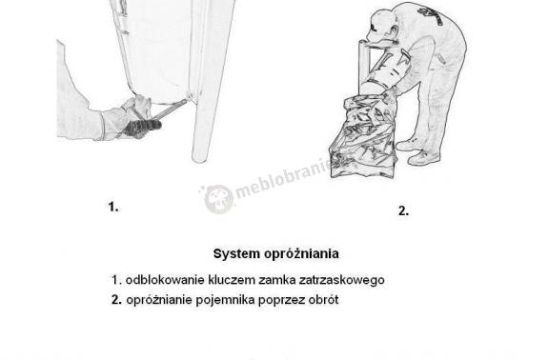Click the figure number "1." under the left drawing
(x=113, y=206)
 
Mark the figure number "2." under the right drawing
(x=403, y=211)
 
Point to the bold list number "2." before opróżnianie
(x=116, y=300)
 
